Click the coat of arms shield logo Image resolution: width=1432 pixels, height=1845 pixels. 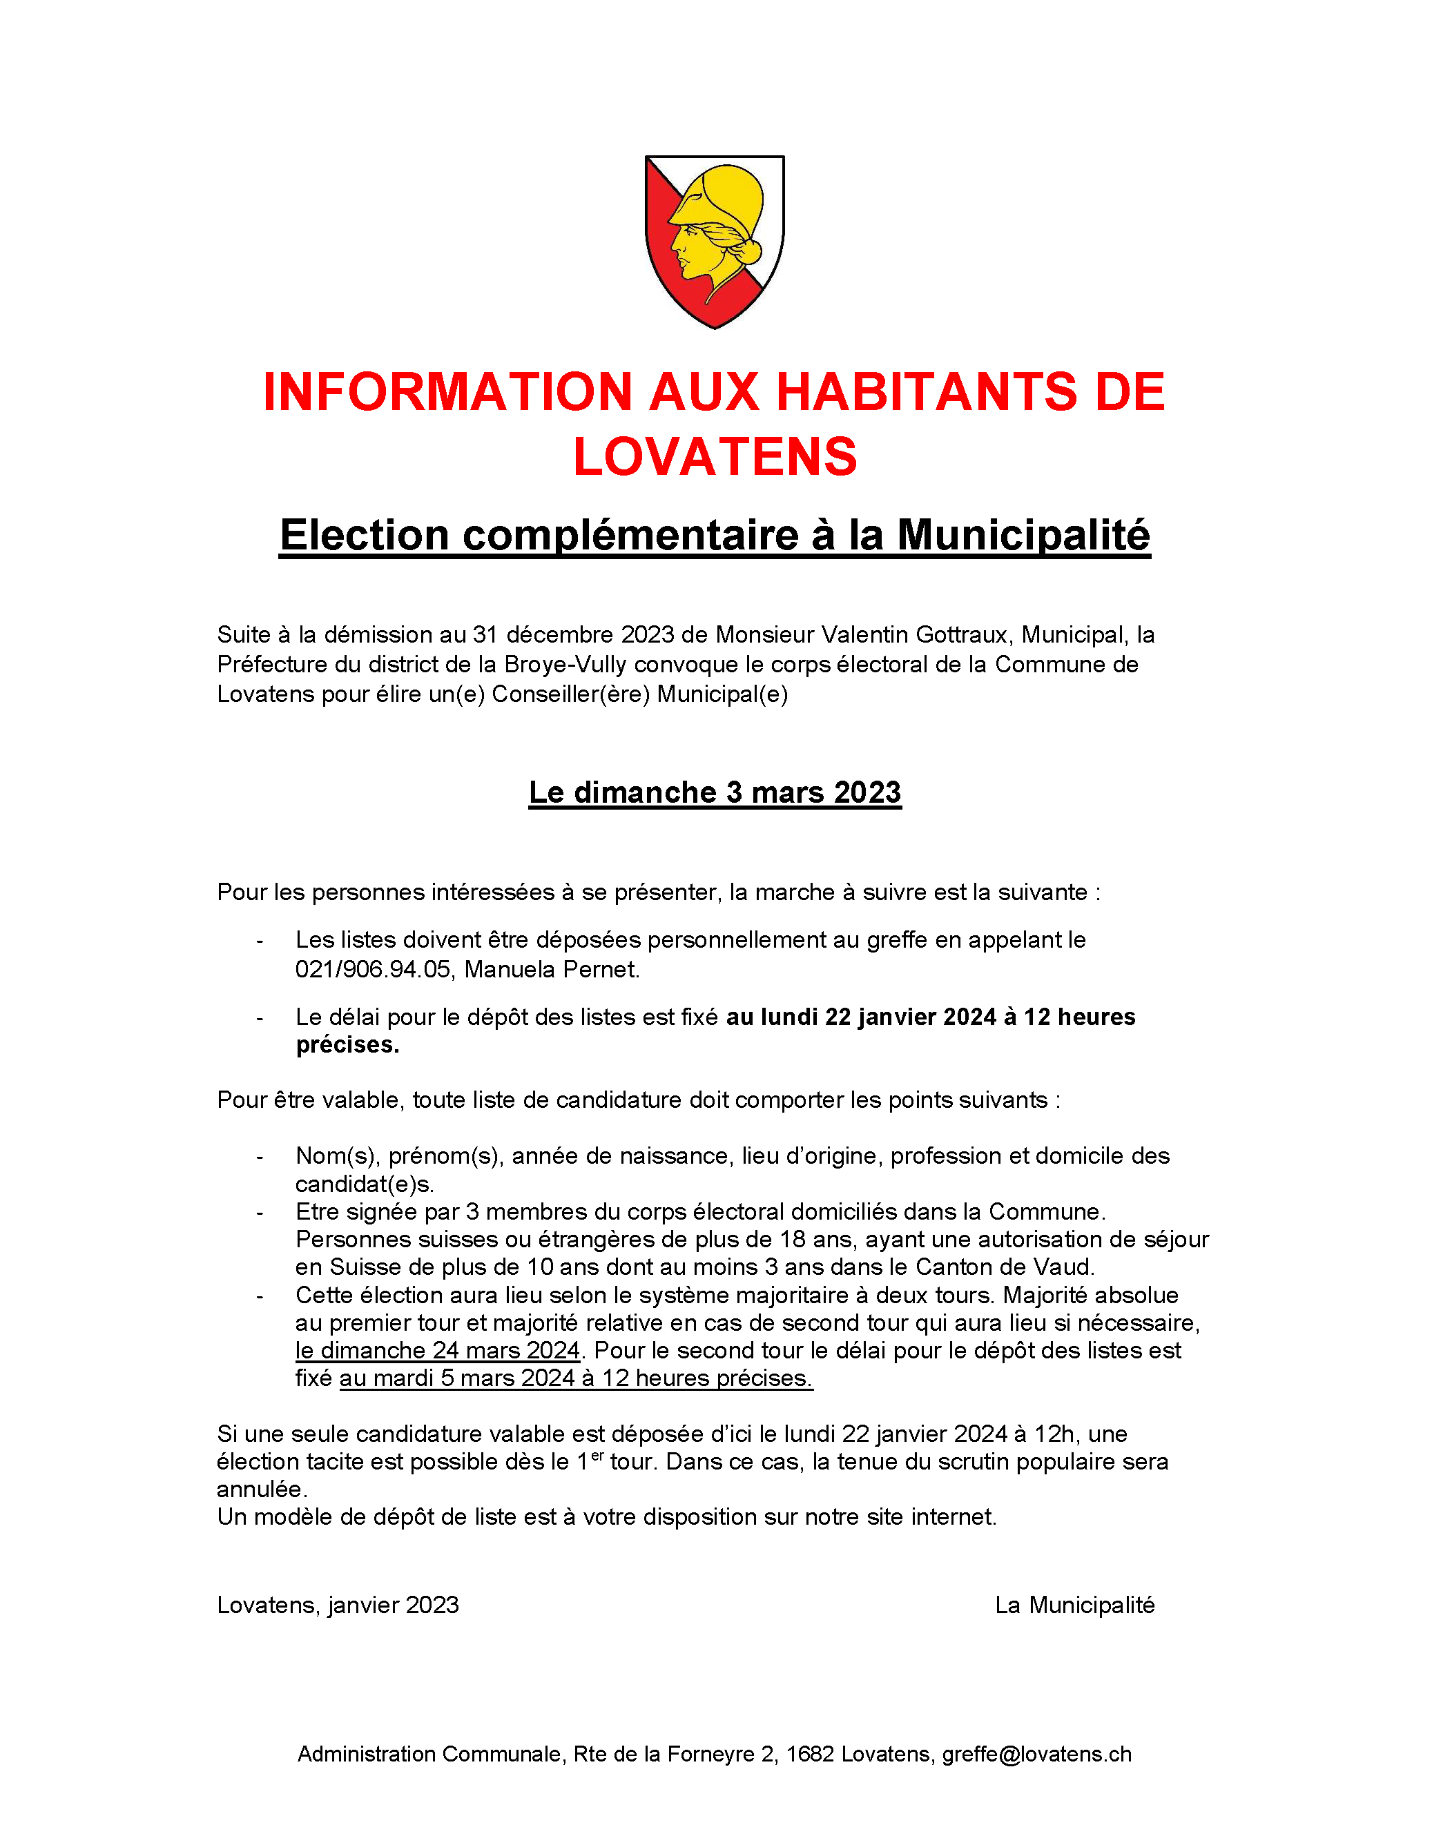pyautogui.click(x=714, y=242)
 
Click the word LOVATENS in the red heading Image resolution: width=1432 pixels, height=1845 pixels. pyautogui.click(x=715, y=457)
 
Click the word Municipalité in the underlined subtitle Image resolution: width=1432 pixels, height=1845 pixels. pyautogui.click(x=1023, y=535)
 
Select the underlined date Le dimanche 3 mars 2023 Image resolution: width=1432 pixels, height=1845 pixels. pyautogui.click(x=715, y=792)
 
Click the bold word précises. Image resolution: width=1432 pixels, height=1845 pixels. pyautogui.click(x=347, y=1045)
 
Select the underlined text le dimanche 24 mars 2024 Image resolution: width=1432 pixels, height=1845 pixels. pyautogui.click(x=438, y=1350)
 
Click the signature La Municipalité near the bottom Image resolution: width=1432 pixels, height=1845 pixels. pyautogui.click(x=1074, y=1605)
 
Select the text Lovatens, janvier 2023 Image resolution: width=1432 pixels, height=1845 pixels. pyautogui.click(x=338, y=1605)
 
